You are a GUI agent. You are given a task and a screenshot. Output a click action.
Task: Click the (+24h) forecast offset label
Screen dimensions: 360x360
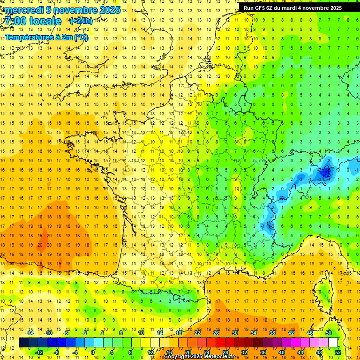tap(81, 21)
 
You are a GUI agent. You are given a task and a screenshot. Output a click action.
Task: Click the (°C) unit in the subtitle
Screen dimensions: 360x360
tap(81, 36)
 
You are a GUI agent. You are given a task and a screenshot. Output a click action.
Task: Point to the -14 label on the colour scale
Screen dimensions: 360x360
tap(30, 333)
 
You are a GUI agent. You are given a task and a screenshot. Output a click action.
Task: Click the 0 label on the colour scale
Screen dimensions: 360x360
tap(93, 352)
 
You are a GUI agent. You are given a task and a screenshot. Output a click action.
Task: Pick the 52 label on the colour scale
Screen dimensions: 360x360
tap(338, 352)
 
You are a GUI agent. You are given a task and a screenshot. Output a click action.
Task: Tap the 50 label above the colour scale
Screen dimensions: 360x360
tap(329, 333)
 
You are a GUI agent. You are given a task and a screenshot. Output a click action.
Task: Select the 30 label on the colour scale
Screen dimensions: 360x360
tap(235, 333)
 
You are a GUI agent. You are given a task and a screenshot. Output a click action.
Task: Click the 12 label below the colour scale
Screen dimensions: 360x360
tap(150, 352)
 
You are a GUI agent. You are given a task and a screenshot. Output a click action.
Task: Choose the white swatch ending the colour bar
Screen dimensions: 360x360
tap(333, 343)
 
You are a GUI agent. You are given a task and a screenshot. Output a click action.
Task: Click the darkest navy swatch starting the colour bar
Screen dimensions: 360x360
tap(23, 343)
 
